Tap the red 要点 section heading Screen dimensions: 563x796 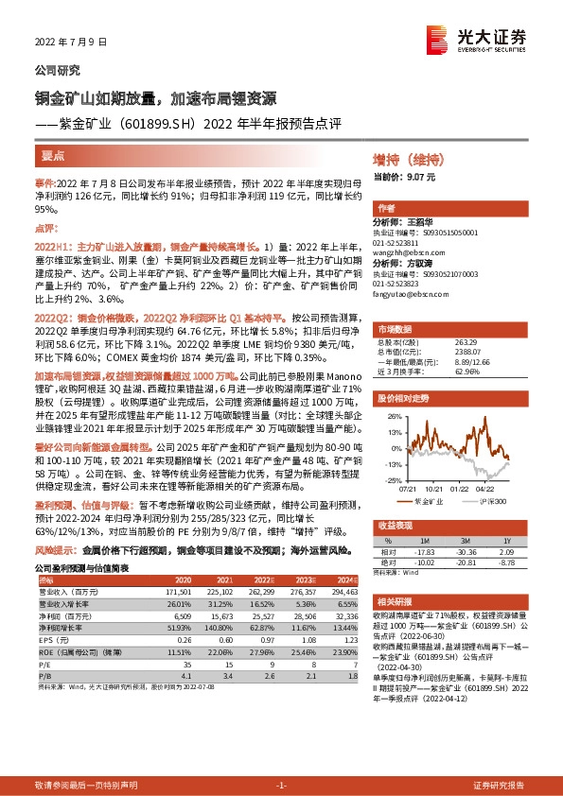coord(54,157)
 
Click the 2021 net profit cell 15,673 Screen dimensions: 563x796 coord(222,614)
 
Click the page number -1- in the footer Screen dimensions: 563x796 coord(281,786)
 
